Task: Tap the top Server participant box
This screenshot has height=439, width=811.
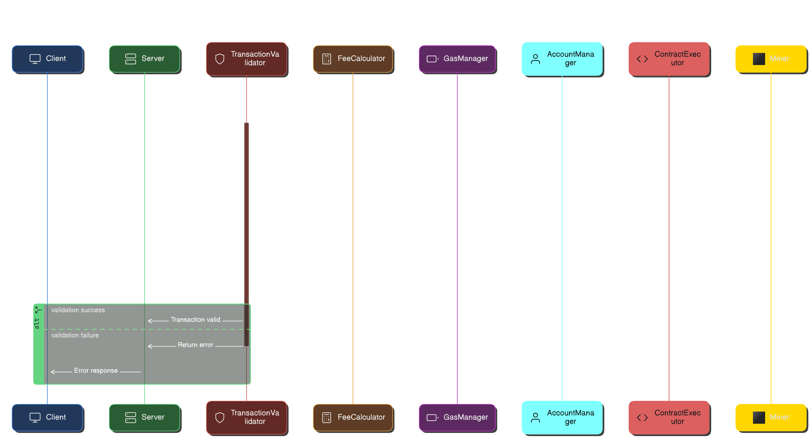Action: point(145,59)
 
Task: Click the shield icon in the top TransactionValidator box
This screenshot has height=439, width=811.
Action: point(220,59)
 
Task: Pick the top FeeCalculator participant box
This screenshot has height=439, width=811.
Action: point(353,59)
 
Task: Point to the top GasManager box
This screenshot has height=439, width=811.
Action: point(457,59)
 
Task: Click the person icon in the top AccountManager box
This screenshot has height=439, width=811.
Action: point(535,59)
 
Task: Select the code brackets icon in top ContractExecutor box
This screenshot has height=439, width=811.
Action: point(642,59)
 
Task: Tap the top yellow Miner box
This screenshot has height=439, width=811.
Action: point(771,59)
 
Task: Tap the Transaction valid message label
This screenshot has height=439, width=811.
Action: point(195,320)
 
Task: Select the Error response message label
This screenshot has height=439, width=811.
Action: point(96,371)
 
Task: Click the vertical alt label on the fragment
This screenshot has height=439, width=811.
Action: point(37,323)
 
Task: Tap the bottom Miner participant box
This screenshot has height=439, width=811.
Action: point(771,417)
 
